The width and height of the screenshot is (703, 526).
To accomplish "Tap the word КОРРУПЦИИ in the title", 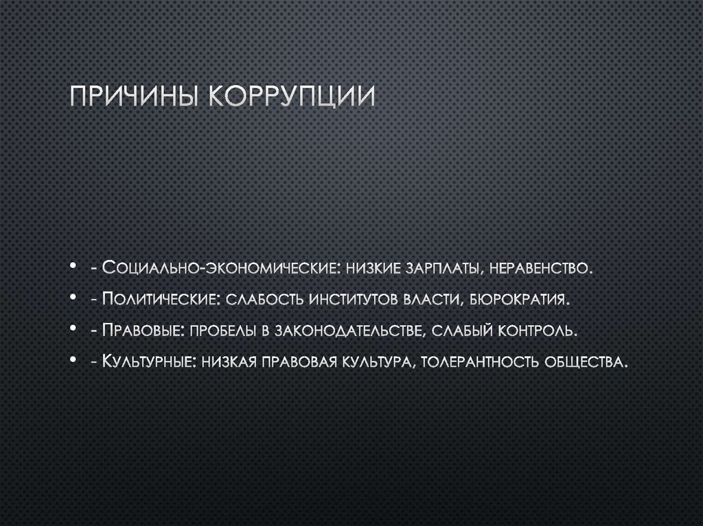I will click(292, 97).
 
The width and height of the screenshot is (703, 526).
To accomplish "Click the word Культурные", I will click(148, 361).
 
